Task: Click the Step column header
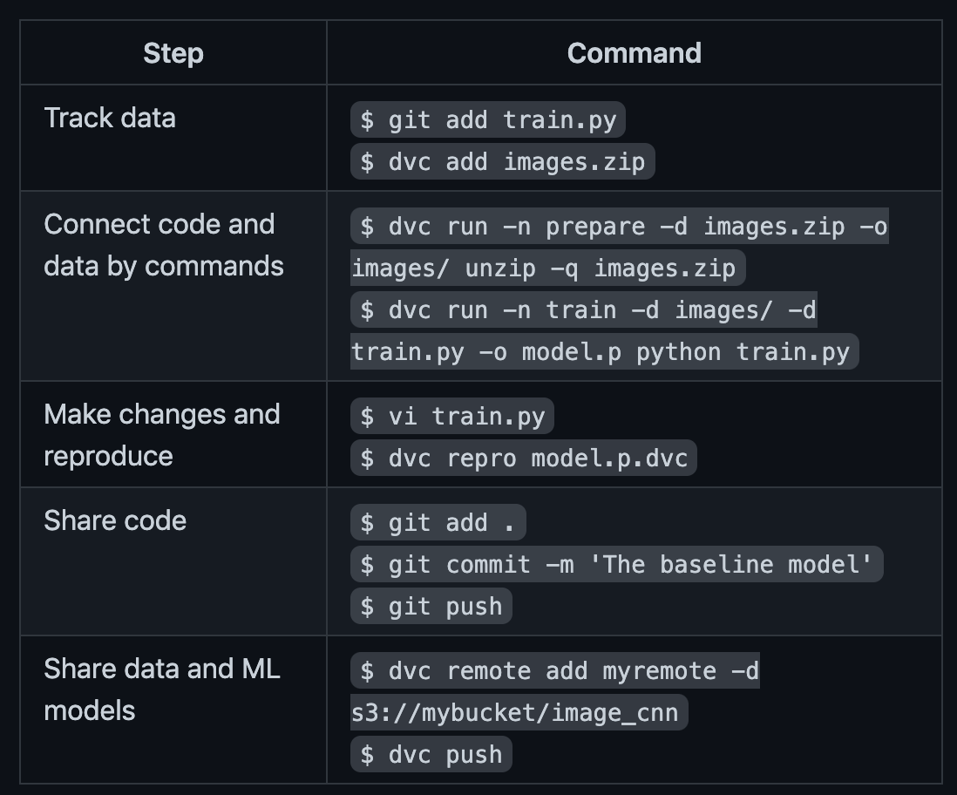(x=173, y=53)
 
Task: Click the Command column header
(x=635, y=53)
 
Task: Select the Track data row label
(x=110, y=118)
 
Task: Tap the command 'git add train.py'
(x=488, y=119)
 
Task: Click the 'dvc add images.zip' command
(x=502, y=162)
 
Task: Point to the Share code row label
(x=115, y=520)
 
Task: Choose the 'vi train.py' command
(x=452, y=417)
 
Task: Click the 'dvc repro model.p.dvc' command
(x=524, y=458)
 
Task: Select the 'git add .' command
(x=438, y=523)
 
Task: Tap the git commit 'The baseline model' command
(x=617, y=564)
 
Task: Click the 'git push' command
(x=431, y=607)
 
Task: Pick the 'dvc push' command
(x=431, y=755)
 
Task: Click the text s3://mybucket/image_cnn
(x=515, y=712)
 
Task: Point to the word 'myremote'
(x=660, y=671)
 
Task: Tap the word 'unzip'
(x=500, y=268)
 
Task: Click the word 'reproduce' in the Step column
(x=109, y=456)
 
